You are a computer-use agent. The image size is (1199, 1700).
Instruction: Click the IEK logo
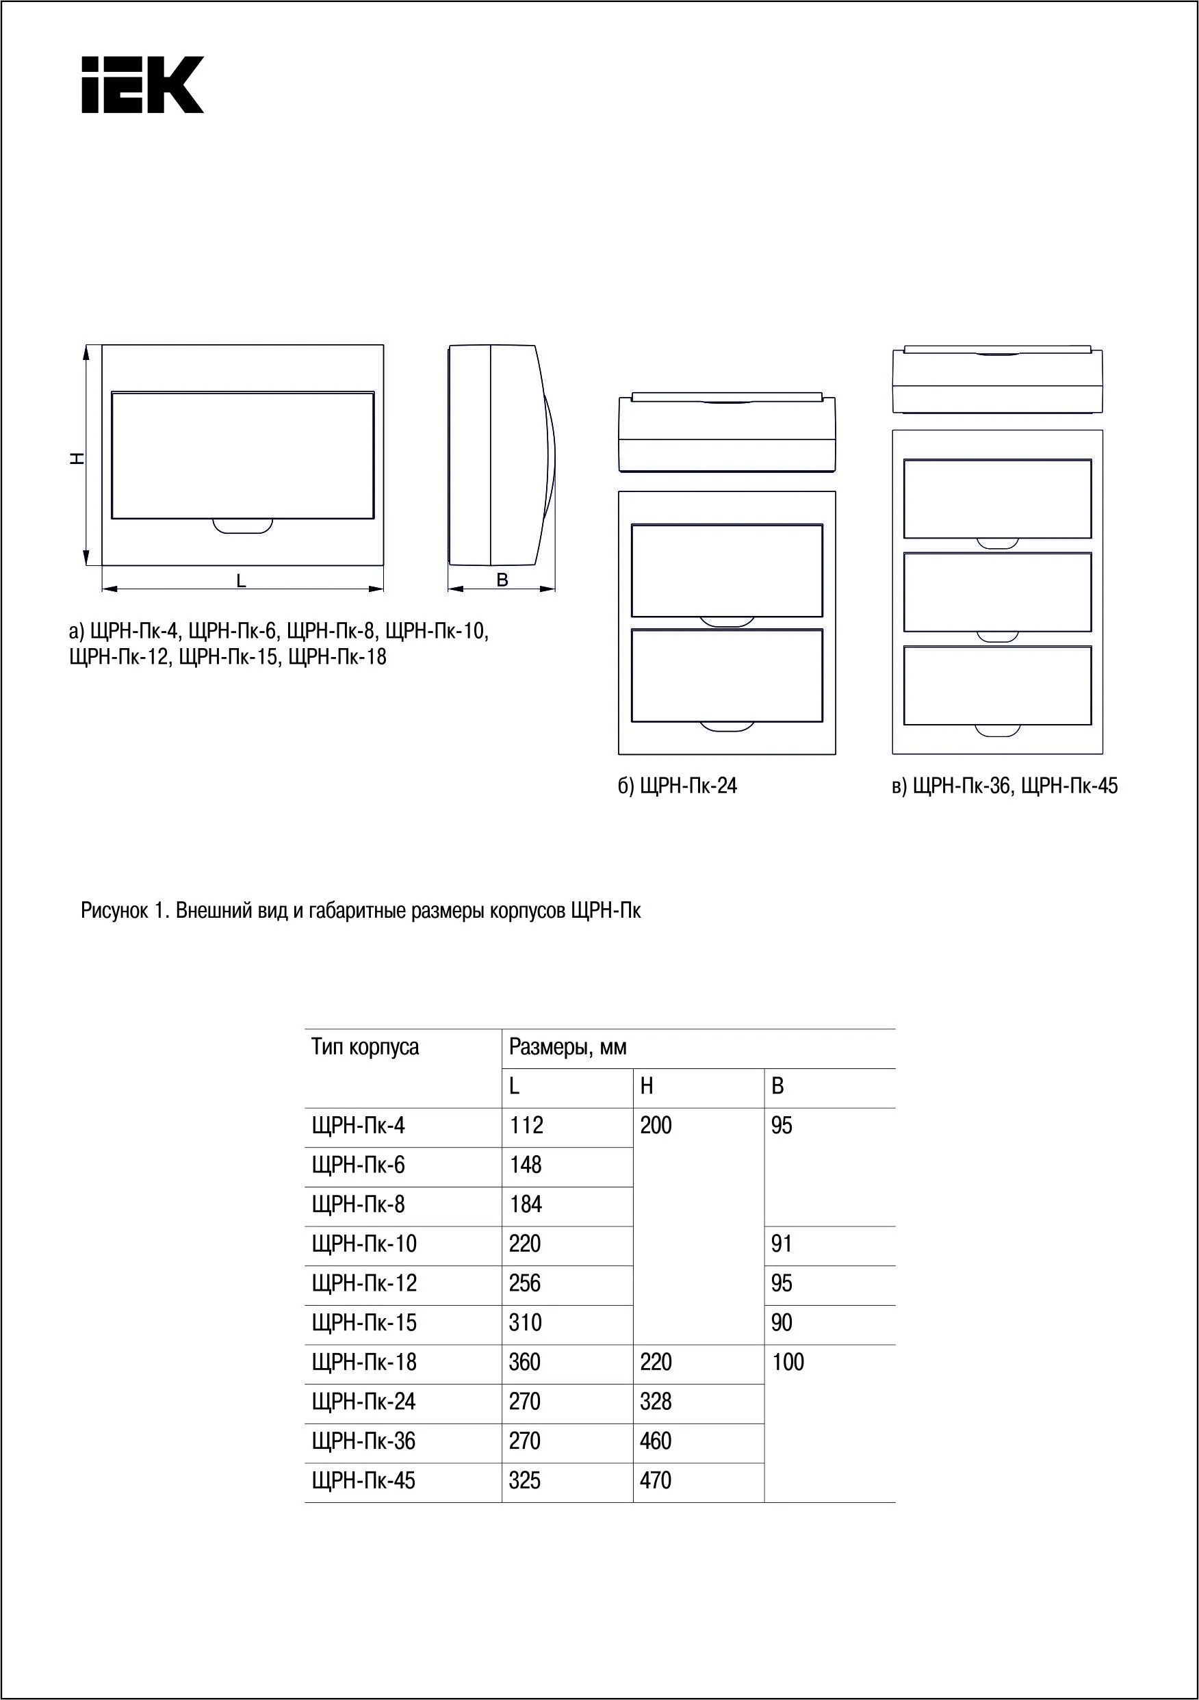click(x=142, y=85)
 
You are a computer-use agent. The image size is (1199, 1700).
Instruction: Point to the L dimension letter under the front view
click(x=242, y=582)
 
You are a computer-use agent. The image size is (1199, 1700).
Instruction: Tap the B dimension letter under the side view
click(x=502, y=580)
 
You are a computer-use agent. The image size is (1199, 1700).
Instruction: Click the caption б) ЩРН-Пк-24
click(x=678, y=786)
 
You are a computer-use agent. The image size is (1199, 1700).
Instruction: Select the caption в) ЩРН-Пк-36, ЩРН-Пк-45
click(x=1004, y=786)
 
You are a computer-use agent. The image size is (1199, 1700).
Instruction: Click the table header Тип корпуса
click(x=365, y=1048)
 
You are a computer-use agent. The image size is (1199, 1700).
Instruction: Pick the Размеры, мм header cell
click(x=567, y=1048)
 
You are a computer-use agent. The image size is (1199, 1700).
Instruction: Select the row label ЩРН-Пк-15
click(x=364, y=1323)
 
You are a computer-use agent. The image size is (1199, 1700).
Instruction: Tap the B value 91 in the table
click(x=782, y=1244)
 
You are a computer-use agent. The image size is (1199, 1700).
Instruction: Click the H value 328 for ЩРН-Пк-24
click(x=656, y=1402)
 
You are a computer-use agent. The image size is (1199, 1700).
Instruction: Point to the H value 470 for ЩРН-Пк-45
click(x=656, y=1480)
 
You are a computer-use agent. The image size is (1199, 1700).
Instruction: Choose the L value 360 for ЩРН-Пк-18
click(x=525, y=1363)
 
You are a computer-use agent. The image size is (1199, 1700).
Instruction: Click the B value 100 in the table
click(x=788, y=1363)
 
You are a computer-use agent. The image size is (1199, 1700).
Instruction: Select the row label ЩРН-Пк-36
click(x=363, y=1441)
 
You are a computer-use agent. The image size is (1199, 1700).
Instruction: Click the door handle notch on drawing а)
click(x=242, y=525)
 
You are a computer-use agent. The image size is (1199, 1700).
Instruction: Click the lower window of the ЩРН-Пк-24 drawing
click(x=727, y=676)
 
